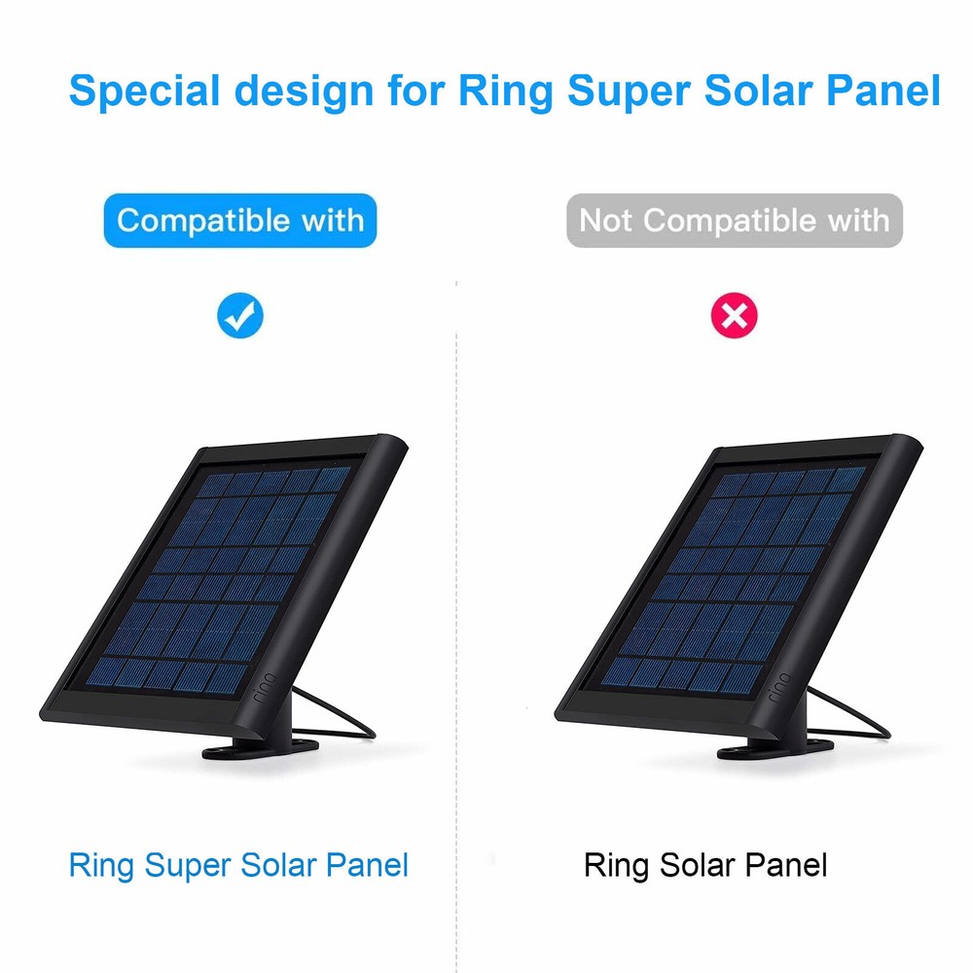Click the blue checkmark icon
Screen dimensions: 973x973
click(x=240, y=315)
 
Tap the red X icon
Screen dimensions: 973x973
click(x=735, y=315)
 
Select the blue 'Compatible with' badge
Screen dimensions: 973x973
click(x=240, y=220)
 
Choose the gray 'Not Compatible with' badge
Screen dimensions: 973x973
click(x=735, y=220)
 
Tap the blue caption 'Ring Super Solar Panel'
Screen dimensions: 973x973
click(x=238, y=865)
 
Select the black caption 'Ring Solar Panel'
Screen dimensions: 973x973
click(x=705, y=865)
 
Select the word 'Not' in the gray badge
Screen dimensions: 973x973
click(x=607, y=220)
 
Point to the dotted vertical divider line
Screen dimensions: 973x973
click(x=457, y=584)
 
